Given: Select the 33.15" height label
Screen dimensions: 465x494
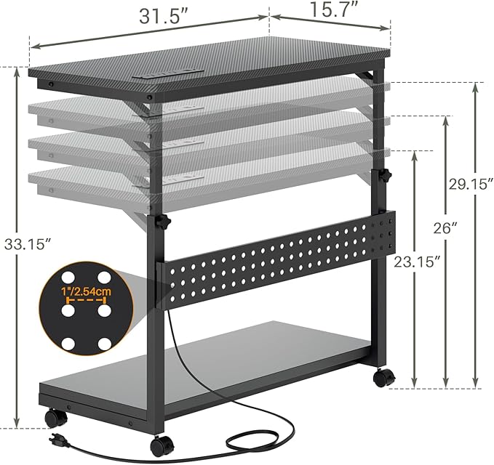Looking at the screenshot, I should [x=28, y=244].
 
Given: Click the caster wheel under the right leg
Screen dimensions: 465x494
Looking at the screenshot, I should [x=384, y=377].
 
